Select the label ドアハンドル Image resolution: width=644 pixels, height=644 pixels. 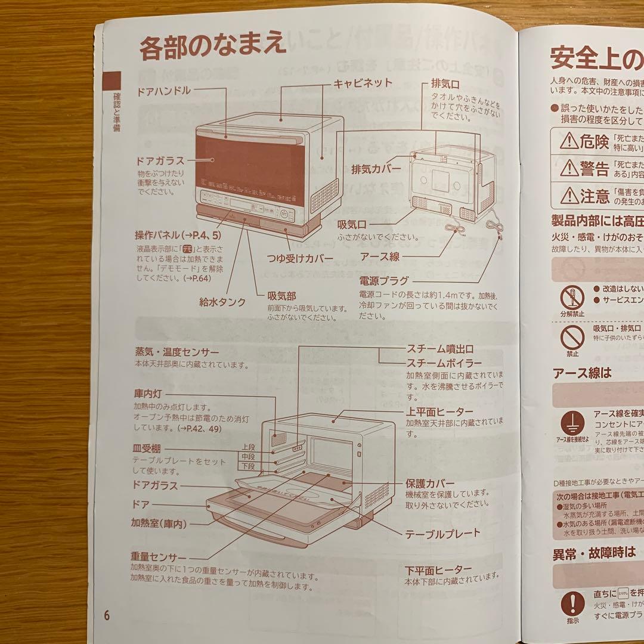[164, 91]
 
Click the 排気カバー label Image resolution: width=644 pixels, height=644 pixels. [376, 169]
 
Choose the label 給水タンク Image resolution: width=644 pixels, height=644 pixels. [222, 302]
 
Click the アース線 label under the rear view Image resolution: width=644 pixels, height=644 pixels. [380, 256]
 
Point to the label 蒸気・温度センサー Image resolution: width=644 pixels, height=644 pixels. [177, 352]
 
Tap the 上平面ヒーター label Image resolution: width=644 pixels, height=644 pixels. [439, 411]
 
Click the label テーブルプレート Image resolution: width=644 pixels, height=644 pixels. [442, 533]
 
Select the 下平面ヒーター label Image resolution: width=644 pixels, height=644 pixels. [438, 569]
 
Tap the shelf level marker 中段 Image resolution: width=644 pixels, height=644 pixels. [249, 456]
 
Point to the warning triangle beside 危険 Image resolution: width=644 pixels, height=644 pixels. [569, 141]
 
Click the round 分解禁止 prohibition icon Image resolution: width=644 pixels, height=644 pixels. [571, 296]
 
